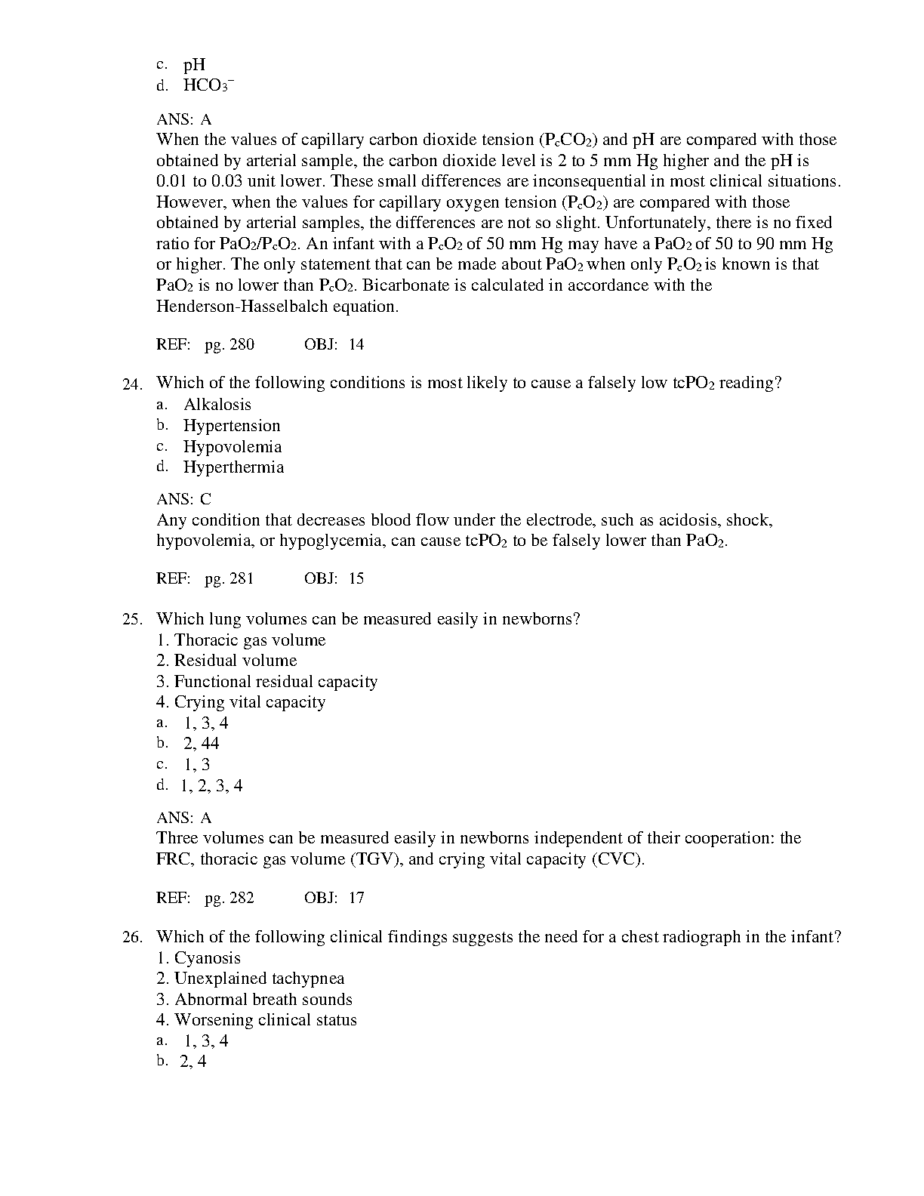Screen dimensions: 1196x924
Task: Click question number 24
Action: pyautogui.click(x=132, y=384)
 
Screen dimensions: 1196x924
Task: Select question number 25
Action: pyautogui.click(x=132, y=620)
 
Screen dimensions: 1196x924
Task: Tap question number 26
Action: pyautogui.click(x=132, y=938)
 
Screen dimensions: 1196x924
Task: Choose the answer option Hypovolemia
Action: pyautogui.click(x=233, y=447)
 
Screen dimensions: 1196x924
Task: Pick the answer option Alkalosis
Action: pyautogui.click(x=217, y=405)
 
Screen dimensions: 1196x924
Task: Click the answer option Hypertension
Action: pyautogui.click(x=232, y=426)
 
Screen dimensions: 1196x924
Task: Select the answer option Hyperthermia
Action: pyautogui.click(x=234, y=467)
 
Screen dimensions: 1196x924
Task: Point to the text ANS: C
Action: pyautogui.click(x=183, y=499)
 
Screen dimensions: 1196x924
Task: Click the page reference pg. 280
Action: pyautogui.click(x=229, y=345)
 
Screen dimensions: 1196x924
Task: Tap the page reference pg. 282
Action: pyautogui.click(x=229, y=898)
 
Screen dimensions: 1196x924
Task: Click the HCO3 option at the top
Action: pyautogui.click(x=208, y=85)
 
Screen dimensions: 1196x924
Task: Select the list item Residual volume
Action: pyautogui.click(x=235, y=661)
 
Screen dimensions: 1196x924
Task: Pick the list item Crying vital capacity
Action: pyautogui.click(x=249, y=702)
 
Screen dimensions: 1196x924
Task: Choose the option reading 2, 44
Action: pyautogui.click(x=201, y=744)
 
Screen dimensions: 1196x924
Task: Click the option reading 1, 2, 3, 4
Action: pyautogui.click(x=211, y=786)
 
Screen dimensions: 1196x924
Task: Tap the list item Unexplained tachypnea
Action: pyautogui.click(x=259, y=979)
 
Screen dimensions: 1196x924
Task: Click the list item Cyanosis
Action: pyautogui.click(x=207, y=958)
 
